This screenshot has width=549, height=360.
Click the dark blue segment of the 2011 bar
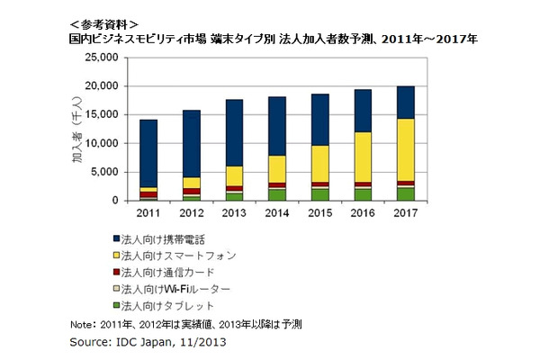[x=148, y=153]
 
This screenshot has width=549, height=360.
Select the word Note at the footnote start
[x=81, y=325]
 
